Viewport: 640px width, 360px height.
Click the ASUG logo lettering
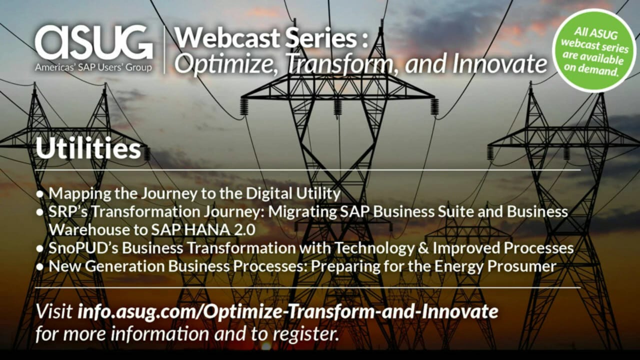point(93,42)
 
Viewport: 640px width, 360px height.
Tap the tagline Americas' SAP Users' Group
point(93,67)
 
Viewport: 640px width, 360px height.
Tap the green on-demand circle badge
point(594,50)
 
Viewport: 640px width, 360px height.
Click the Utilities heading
point(88,148)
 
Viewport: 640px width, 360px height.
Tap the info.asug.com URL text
point(288,311)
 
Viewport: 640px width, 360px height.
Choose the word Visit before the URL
point(54,311)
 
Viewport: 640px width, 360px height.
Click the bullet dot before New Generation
point(40,267)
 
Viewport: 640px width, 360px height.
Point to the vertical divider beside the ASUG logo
point(164,49)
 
